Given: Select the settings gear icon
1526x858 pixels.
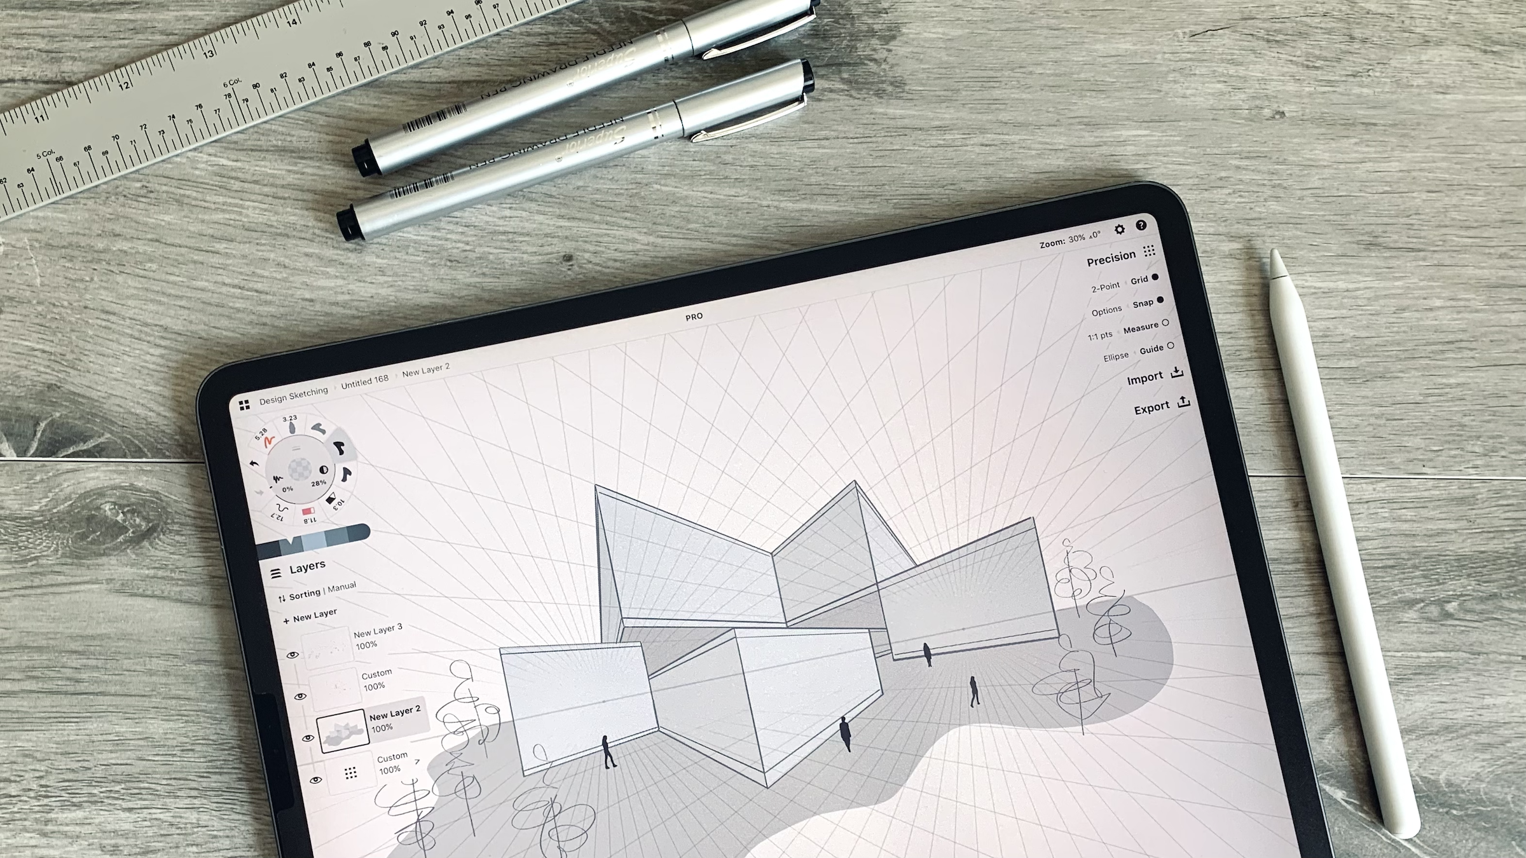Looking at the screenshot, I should click(x=1119, y=229).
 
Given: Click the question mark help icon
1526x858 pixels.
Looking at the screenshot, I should click(x=1141, y=225).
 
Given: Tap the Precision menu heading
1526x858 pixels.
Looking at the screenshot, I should click(x=1111, y=257).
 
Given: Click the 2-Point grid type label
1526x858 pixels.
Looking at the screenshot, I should click(x=1105, y=287).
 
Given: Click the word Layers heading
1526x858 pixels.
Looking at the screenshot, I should click(x=307, y=566).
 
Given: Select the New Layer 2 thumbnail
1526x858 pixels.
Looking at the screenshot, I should click(x=343, y=731).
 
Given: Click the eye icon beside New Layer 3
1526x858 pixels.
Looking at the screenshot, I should click(x=292, y=655).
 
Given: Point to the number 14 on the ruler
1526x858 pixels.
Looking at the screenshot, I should click(x=291, y=23).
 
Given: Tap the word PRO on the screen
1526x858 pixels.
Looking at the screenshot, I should click(x=694, y=317).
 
